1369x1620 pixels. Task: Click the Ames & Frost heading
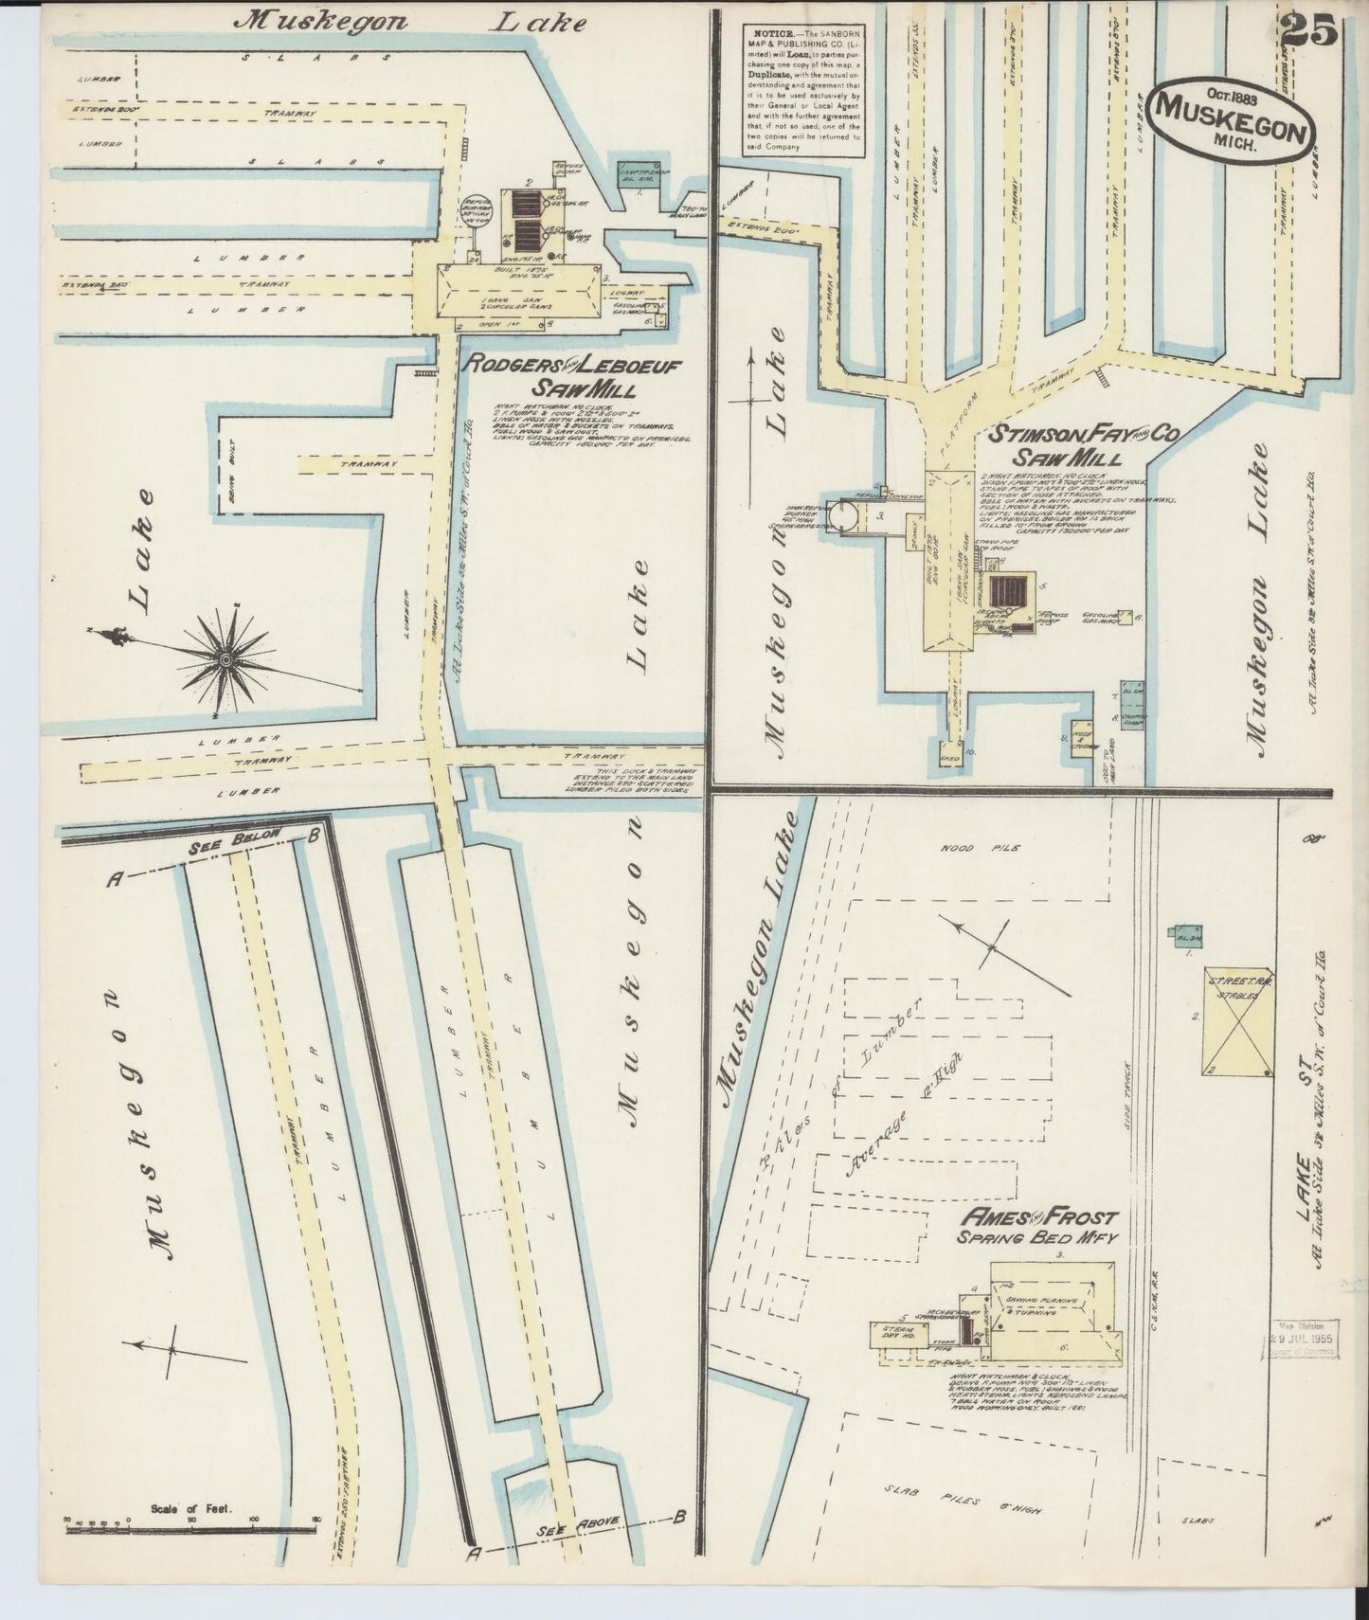[x=1038, y=1217]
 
